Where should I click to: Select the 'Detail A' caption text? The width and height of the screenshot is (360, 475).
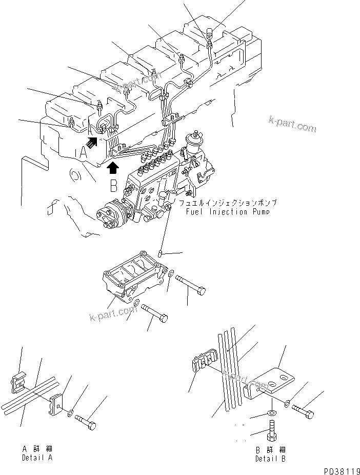click(x=37, y=457)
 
